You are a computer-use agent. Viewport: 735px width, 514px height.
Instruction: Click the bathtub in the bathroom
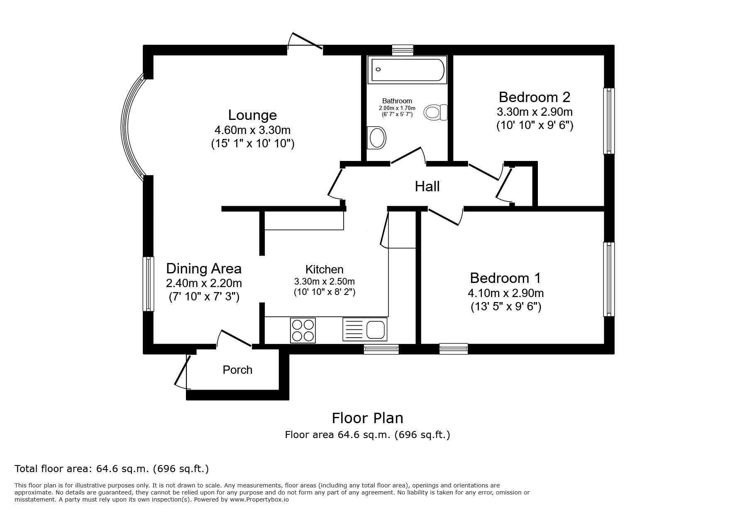[408, 70]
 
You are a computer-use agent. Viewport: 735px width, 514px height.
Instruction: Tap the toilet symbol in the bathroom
[435, 112]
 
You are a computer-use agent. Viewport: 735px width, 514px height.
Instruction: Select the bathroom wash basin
[377, 137]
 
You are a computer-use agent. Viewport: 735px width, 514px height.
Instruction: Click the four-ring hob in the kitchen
[303, 330]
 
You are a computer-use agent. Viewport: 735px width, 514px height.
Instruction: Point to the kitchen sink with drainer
[365, 330]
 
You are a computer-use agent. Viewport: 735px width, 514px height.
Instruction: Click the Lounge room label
[252, 115]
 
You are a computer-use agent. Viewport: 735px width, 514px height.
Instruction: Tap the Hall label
[427, 187]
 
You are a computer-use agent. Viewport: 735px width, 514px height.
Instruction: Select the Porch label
[237, 370]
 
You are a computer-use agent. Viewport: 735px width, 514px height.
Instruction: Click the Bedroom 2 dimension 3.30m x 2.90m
[535, 112]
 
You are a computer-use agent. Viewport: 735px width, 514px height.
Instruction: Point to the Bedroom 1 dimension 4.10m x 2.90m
[505, 293]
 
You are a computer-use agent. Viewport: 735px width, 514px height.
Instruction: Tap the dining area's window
[148, 284]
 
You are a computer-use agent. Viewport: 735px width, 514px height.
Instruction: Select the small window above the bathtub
[403, 50]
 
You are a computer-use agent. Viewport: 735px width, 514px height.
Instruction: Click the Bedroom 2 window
[609, 121]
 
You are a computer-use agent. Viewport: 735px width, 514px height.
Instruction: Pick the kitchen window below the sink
[381, 349]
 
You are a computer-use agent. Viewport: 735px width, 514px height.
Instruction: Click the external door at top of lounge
[305, 45]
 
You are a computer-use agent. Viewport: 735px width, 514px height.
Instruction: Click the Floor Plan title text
[367, 418]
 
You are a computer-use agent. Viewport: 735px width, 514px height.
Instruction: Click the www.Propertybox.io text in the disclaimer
[259, 499]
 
